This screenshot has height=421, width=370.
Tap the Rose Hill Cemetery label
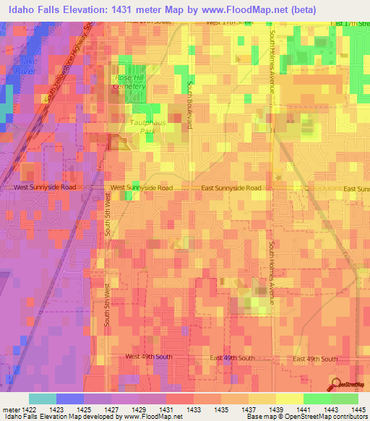130,82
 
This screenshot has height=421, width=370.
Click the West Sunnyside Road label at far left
44,187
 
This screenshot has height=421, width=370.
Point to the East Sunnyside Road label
231,187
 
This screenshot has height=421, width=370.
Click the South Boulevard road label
189,105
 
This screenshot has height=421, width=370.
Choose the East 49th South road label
232,358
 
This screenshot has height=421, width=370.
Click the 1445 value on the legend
355,409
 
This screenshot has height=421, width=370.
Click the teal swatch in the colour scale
43,399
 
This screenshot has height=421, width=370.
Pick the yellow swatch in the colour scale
289,399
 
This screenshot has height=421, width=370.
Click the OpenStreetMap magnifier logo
336,385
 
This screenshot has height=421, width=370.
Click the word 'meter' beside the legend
9,409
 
